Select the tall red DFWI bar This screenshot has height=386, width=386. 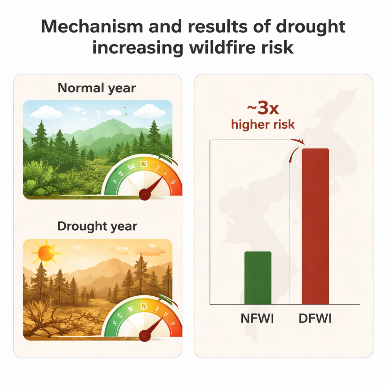point(315,226)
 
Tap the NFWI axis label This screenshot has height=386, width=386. point(257,319)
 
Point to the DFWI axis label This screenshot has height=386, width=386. point(315,319)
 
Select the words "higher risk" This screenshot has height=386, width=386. point(263,124)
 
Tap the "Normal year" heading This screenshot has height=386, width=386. point(97,88)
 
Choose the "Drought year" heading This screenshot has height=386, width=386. point(97,226)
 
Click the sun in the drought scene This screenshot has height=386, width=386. point(46,253)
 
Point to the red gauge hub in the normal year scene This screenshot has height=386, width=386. point(145,195)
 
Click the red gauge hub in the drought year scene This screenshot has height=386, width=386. point(145,335)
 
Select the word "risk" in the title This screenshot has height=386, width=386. point(278,48)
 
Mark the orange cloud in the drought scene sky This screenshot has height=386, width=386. point(150,250)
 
